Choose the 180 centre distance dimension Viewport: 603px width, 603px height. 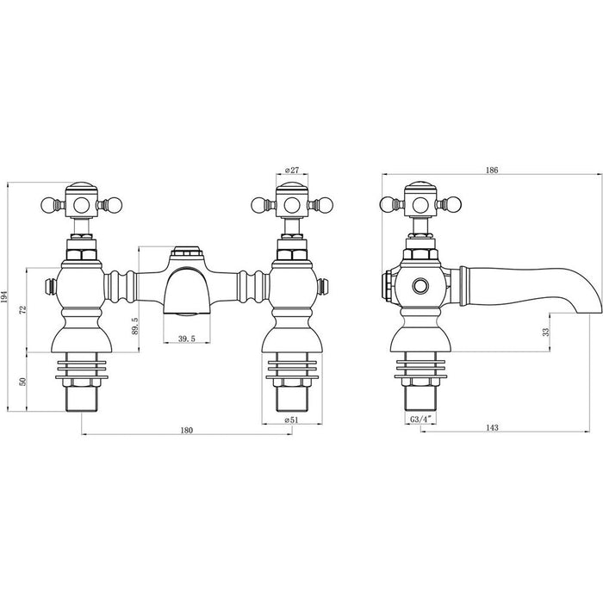point(186,429)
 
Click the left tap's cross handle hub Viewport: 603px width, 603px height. point(82,205)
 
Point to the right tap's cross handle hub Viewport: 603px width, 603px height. point(290,205)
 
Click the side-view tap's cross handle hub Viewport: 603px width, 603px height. point(421,205)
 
